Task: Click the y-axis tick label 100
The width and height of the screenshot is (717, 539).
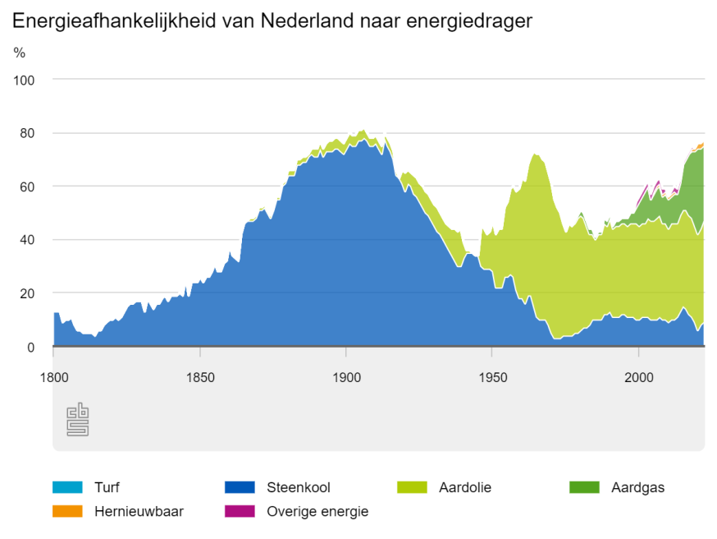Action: point(25,80)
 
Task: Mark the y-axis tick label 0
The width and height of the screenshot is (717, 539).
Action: point(31,347)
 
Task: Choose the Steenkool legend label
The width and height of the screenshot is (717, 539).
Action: point(299,487)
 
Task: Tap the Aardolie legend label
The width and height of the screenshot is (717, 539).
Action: point(465,487)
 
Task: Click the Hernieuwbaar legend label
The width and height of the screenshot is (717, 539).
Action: point(139,511)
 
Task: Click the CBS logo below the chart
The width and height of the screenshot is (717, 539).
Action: point(77,420)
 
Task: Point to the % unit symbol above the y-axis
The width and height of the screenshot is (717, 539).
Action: point(20,53)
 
